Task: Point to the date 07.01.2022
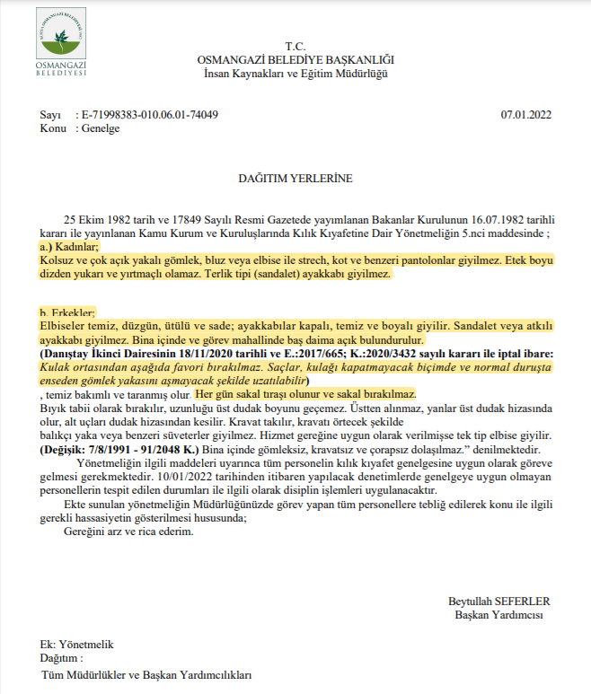pos(525,115)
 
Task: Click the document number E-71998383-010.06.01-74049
pos(150,115)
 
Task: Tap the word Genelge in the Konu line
pos(100,128)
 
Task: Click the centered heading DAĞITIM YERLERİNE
pos(295,178)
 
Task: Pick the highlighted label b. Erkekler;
pos(67,312)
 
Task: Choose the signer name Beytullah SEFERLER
pos(498,602)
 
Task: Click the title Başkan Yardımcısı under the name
pos(498,615)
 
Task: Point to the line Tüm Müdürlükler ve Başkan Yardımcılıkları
pos(146,674)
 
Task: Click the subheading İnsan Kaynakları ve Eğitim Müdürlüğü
pos(295,73)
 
